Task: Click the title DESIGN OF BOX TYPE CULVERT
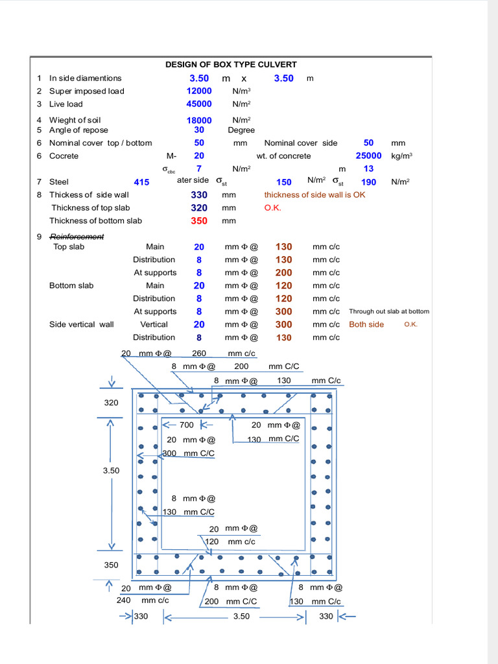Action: [x=231, y=64]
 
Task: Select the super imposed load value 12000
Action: [x=199, y=91]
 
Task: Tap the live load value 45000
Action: [x=199, y=104]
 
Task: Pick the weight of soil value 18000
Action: [x=199, y=120]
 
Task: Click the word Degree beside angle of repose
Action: [x=241, y=130]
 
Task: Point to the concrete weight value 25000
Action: [x=368, y=156]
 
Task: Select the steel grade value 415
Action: [x=141, y=182]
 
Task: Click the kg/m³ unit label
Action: [x=402, y=156]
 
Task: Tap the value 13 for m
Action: [x=368, y=169]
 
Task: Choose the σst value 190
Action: [x=368, y=182]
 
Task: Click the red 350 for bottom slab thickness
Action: [x=199, y=220]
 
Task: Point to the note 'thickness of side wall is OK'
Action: [x=314, y=195]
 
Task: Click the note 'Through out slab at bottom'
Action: [x=389, y=311]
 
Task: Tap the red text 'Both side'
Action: [x=366, y=324]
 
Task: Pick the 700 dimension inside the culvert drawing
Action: [x=186, y=425]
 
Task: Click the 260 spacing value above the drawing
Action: [x=199, y=353]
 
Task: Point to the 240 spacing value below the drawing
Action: [x=123, y=600]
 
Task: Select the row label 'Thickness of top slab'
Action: [x=91, y=207]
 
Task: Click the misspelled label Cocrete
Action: [x=64, y=156]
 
